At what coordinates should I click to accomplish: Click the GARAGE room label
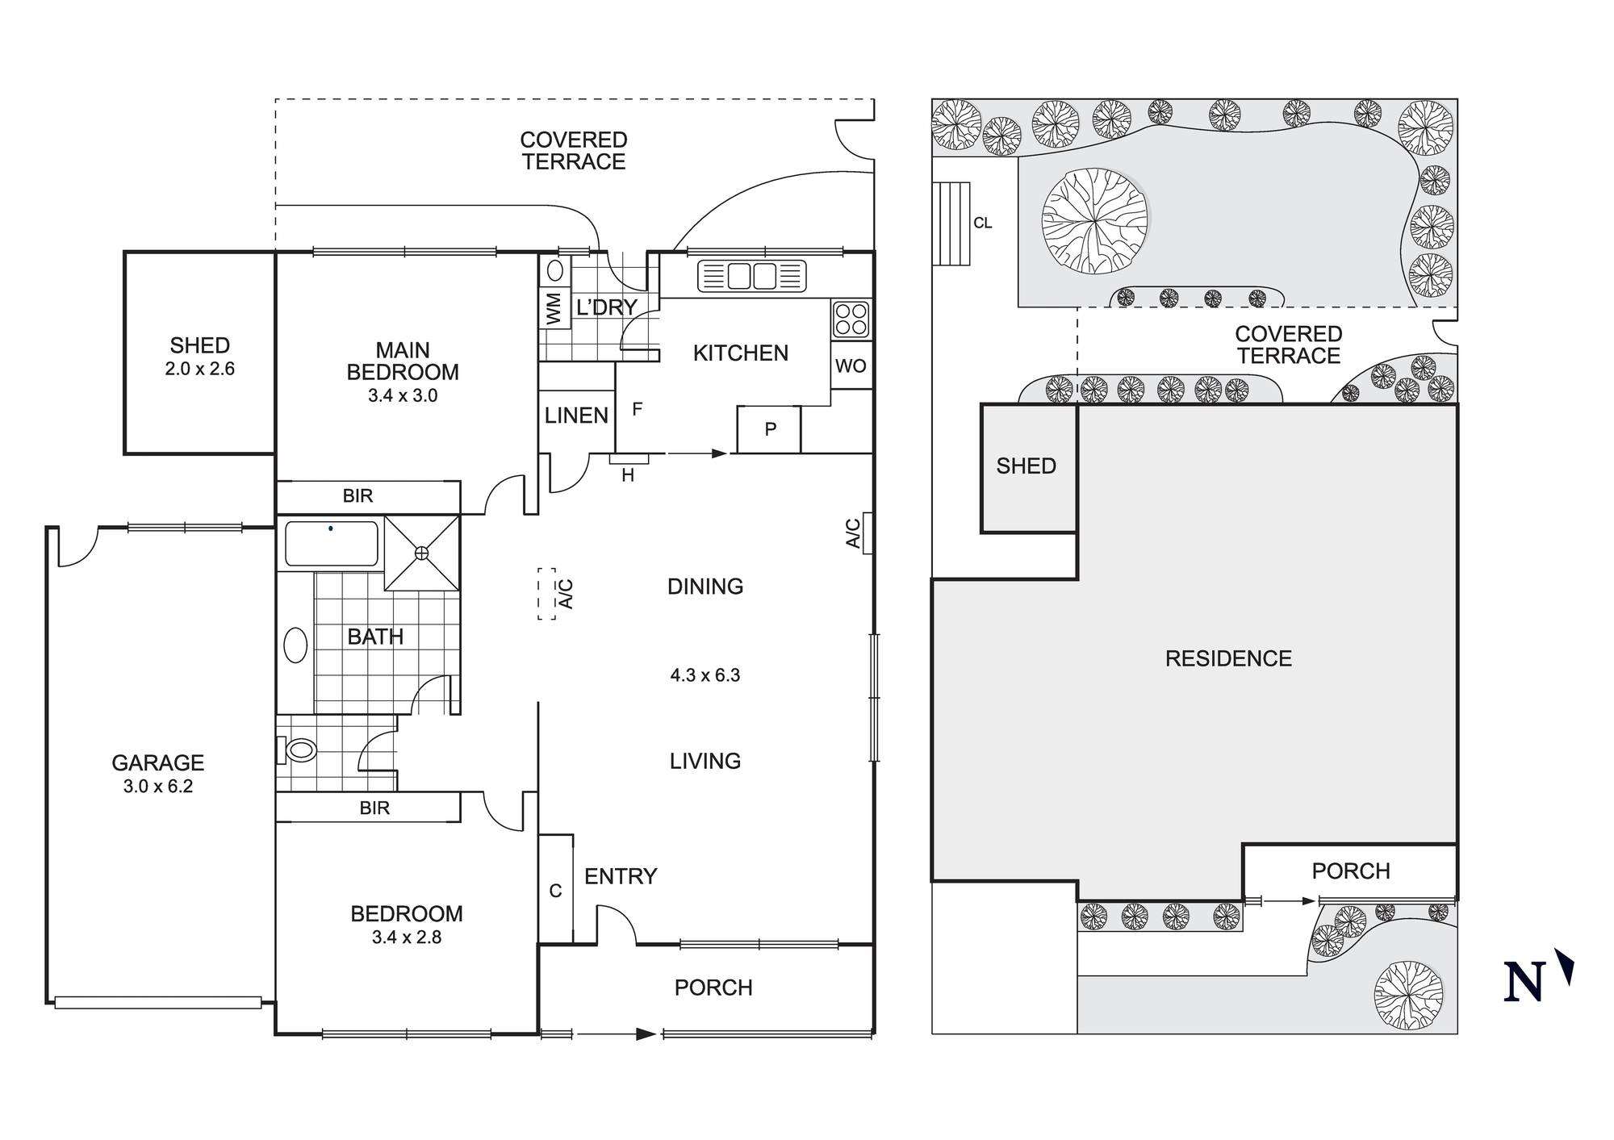pos(157,762)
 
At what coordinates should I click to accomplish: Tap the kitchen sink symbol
pos(752,276)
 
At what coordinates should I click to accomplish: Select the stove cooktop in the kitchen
pos(851,319)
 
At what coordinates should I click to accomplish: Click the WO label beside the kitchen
pos(851,366)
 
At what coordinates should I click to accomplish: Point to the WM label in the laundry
pos(554,309)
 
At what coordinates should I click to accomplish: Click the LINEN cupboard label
pos(576,415)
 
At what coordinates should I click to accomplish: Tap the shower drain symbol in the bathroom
pos(421,553)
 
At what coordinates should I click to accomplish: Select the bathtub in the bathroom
pos(331,544)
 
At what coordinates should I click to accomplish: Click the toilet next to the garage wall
pos(297,751)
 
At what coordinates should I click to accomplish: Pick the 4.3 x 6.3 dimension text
pos(705,675)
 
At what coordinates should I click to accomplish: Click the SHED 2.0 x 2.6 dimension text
pos(199,369)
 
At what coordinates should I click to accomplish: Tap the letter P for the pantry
pos(770,429)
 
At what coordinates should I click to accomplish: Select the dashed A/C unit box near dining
pos(547,594)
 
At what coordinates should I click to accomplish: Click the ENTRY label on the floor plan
pos(621,876)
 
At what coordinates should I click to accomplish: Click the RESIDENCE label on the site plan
pos(1228,658)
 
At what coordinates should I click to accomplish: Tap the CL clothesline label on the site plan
pos(982,223)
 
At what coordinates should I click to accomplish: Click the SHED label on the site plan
pos(1026,466)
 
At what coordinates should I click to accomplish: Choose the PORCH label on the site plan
pos(1351,871)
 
